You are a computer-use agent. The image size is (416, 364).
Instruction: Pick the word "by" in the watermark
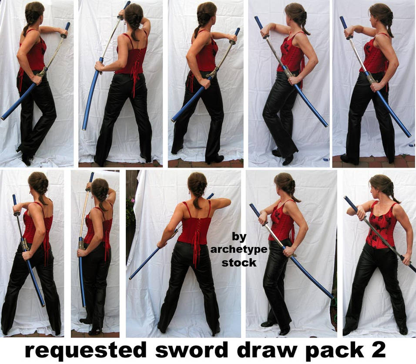(x=239, y=237)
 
